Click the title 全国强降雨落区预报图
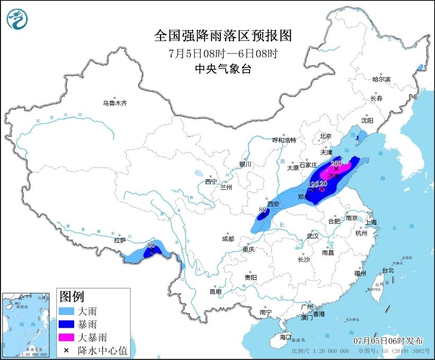[223, 36]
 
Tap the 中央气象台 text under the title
[223, 68]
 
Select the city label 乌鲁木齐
[115, 103]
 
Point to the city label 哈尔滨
[380, 79]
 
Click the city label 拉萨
[120, 240]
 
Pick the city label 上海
[370, 222]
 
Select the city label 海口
[286, 337]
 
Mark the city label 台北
[388, 270]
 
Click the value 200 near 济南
[336, 163]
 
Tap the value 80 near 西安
[262, 209]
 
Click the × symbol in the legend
[67, 350]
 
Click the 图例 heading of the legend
[71, 296]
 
